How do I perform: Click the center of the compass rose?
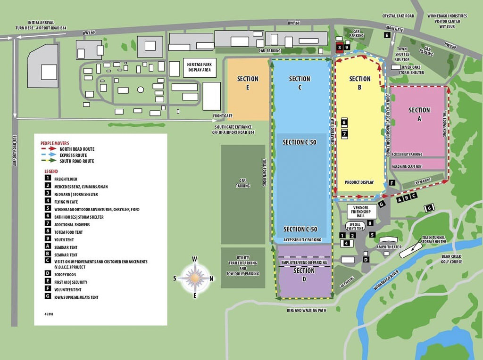pos(194,278)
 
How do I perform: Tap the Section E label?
pos(248,83)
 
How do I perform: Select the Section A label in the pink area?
pos(419,114)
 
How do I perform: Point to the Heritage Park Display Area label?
pos(200,68)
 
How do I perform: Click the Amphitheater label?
pos(389,246)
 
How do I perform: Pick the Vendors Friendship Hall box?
pos(362,211)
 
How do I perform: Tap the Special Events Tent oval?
pos(355,226)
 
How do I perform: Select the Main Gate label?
pos(395,29)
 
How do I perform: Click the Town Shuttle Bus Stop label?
pos(402,54)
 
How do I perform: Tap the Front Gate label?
pos(223,115)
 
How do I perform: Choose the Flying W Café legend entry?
pos(68,202)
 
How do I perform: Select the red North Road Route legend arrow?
pos(48,149)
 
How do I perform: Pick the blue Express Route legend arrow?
pos(48,155)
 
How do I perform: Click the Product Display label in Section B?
pos(359,182)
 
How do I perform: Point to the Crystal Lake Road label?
pos(398,16)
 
